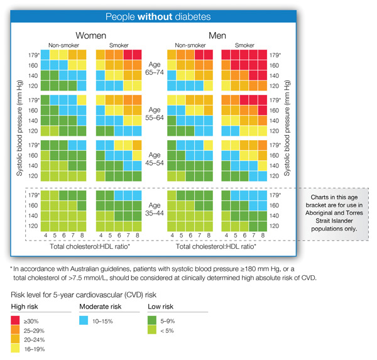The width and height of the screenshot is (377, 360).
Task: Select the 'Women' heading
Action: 90,36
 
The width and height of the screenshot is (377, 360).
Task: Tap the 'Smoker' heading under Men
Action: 244,46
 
